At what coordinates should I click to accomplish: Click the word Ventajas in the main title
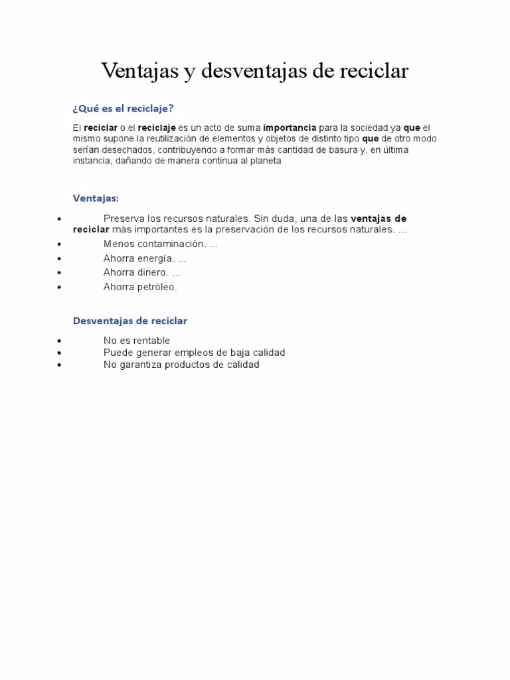(139, 71)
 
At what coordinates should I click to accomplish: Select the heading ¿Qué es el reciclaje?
(123, 108)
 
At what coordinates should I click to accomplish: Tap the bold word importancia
(290, 127)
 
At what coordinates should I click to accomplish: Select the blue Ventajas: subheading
(96, 198)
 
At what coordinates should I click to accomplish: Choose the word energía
(155, 258)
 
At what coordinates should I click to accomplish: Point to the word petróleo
(157, 287)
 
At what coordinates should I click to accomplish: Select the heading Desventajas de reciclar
(130, 321)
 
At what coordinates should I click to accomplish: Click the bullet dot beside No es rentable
(60, 341)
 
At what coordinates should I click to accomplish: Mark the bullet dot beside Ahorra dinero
(60, 273)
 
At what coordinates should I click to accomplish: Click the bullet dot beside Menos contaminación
(60, 244)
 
